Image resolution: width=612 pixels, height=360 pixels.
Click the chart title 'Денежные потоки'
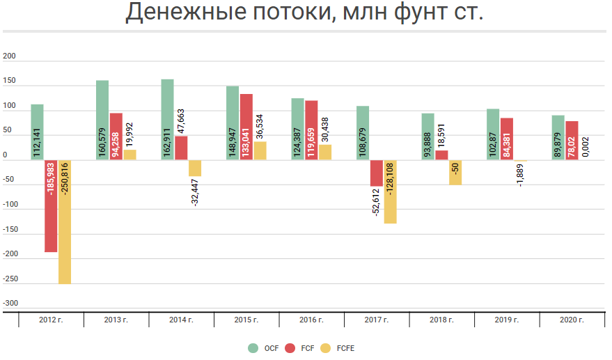tap(304, 13)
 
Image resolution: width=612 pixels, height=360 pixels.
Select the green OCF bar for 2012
tap(37, 132)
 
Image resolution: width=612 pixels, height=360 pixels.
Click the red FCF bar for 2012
tap(51, 206)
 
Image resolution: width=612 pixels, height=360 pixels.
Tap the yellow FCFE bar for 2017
tap(390, 192)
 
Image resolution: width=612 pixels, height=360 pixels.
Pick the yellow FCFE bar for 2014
tap(195, 168)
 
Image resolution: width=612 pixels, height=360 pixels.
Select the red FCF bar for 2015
tap(246, 127)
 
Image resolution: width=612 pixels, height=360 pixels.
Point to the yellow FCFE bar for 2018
tap(455, 172)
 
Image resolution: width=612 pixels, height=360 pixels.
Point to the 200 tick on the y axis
tap(10, 57)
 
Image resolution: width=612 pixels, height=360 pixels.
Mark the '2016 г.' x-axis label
tap(311, 320)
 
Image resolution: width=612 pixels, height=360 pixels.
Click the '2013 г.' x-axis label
tap(116, 320)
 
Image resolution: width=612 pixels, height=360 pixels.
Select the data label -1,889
tap(520, 173)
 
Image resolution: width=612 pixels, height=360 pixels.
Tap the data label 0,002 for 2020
tap(586, 147)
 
